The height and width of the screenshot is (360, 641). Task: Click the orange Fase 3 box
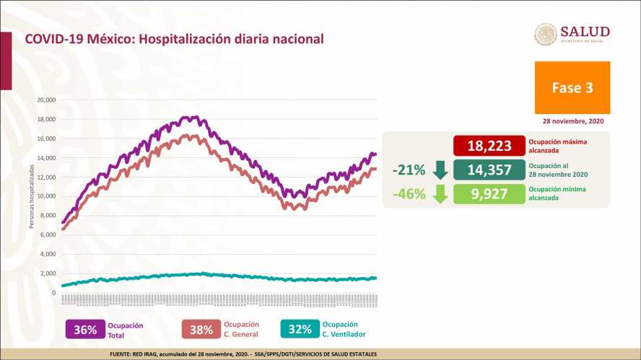(x=572, y=87)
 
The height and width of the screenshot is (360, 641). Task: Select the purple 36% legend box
(x=85, y=330)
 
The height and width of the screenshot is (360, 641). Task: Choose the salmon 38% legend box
(x=201, y=330)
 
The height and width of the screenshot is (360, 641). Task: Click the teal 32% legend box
(x=299, y=330)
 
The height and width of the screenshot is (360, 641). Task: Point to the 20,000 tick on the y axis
(x=45, y=100)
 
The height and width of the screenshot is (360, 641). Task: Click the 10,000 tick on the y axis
(x=45, y=196)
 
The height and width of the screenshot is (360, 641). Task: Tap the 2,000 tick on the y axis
(x=48, y=273)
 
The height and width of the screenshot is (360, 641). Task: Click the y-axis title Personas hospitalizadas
(x=32, y=196)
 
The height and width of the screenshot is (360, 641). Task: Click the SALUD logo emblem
(x=546, y=35)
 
